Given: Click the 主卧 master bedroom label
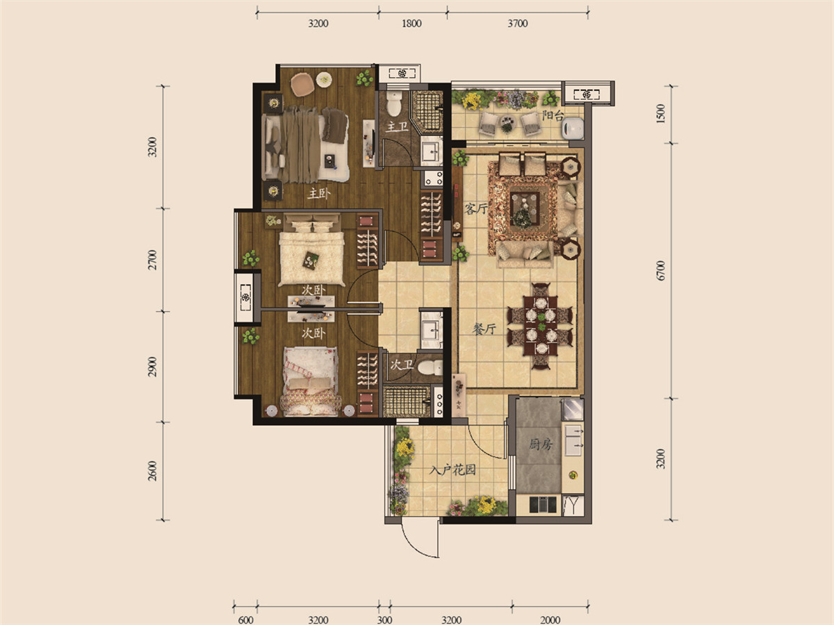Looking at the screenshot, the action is click(319, 194).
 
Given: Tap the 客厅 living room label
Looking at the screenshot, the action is click(475, 208).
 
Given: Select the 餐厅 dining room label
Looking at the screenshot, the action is click(484, 328).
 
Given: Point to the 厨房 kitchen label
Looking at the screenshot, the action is click(541, 444).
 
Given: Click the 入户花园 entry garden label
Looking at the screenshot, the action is click(453, 471).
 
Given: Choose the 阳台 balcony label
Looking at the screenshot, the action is click(553, 115).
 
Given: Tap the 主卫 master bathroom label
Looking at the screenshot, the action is click(397, 126).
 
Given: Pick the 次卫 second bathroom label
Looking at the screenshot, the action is click(402, 365).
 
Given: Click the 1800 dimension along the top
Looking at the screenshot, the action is click(411, 24).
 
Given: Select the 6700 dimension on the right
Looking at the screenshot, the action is click(661, 271).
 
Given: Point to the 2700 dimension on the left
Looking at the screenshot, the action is click(152, 260).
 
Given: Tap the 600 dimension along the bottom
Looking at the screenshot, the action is click(245, 619).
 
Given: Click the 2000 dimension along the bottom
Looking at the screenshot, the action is click(550, 619).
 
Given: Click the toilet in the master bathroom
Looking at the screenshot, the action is click(394, 103).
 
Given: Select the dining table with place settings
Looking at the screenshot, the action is click(540, 326).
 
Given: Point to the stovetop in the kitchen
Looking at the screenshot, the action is click(543, 505).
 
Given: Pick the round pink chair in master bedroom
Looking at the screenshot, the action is click(302, 85).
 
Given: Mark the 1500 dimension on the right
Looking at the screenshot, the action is click(661, 113).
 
